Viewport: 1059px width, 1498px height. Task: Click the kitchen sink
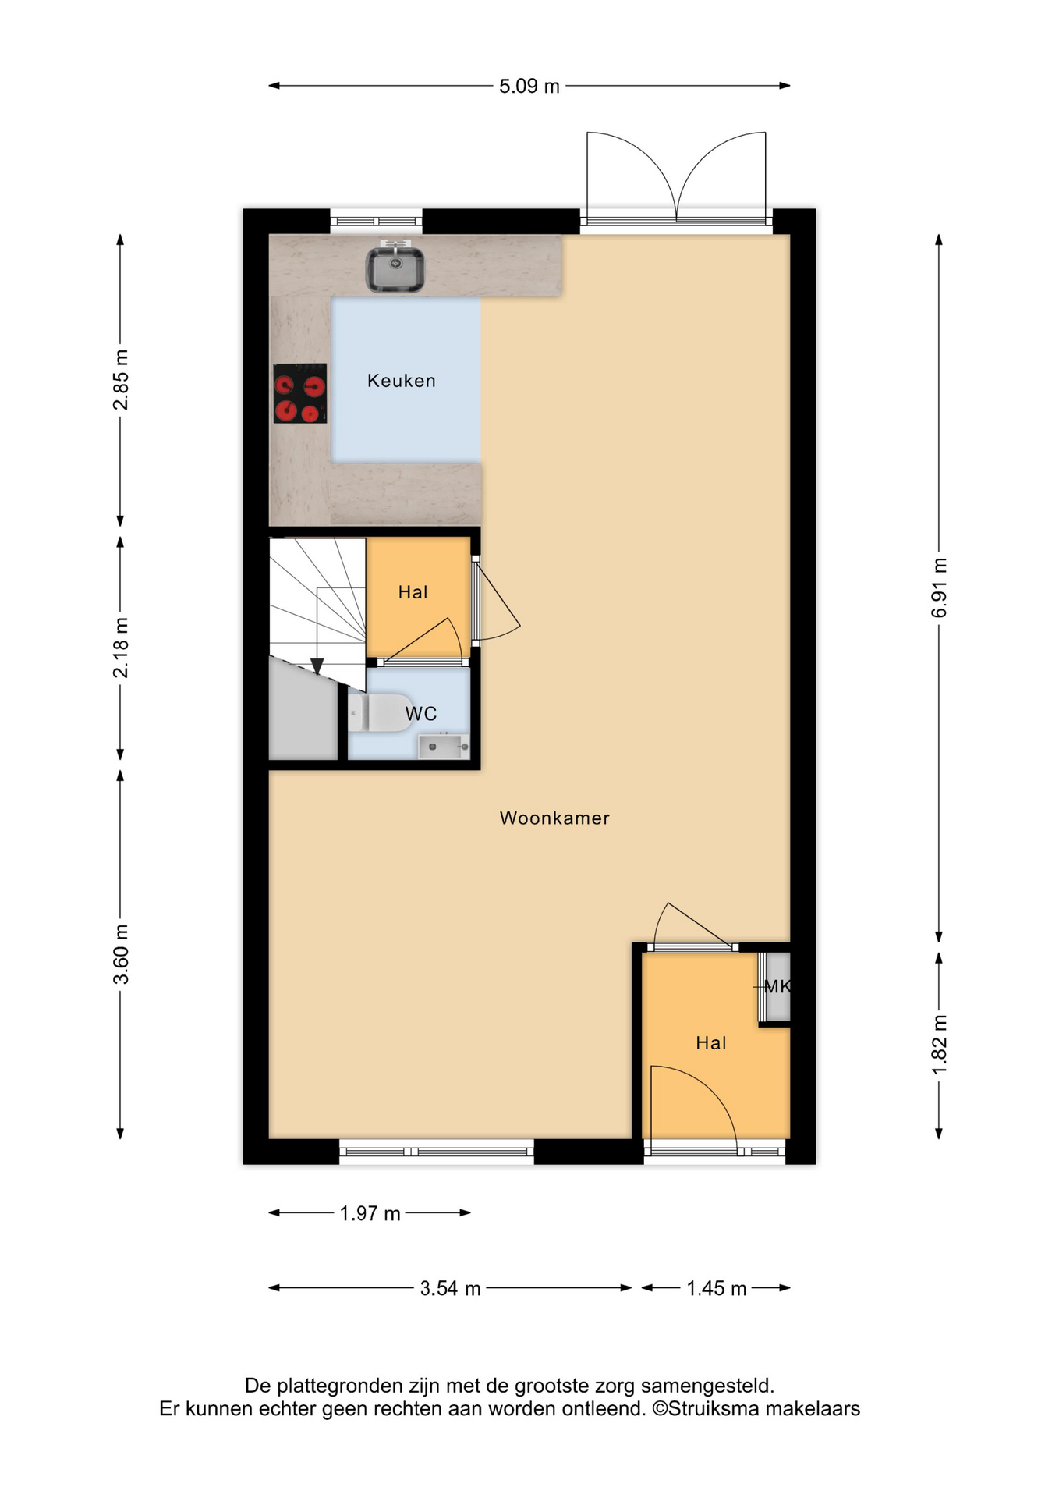point(395,268)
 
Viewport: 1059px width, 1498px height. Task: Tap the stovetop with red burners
point(300,394)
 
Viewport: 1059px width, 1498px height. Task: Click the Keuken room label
point(402,381)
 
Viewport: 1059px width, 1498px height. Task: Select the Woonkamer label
point(554,818)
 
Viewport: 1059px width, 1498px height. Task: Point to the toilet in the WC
point(380,713)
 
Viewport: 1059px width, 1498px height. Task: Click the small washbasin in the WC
point(444,746)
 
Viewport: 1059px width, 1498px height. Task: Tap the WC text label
point(421,713)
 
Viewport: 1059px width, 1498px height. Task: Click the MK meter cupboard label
point(777,986)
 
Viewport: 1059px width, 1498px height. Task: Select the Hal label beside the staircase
point(413,592)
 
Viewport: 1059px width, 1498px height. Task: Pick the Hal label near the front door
point(711,1043)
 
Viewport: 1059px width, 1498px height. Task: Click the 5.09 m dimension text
point(529,86)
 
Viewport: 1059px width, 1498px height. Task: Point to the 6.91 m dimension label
point(940,587)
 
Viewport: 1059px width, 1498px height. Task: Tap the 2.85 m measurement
point(121,380)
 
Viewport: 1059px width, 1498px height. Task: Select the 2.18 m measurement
point(121,648)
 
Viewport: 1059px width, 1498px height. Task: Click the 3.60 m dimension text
point(121,954)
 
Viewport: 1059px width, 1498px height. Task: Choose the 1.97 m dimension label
point(370,1213)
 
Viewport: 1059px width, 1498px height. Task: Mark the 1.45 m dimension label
point(717,1288)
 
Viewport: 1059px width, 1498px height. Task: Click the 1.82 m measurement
point(940,1044)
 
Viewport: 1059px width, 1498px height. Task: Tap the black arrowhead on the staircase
point(317,666)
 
